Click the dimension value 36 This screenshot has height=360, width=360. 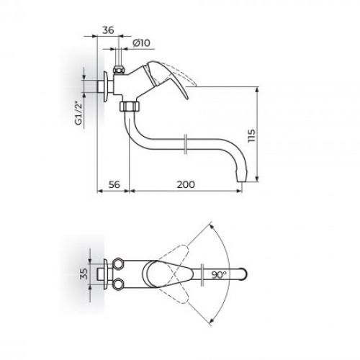tap(107, 31)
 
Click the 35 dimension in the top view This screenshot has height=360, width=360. tap(83, 273)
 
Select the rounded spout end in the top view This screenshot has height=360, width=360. tap(248, 274)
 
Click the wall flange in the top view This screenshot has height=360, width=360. tap(106, 273)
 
